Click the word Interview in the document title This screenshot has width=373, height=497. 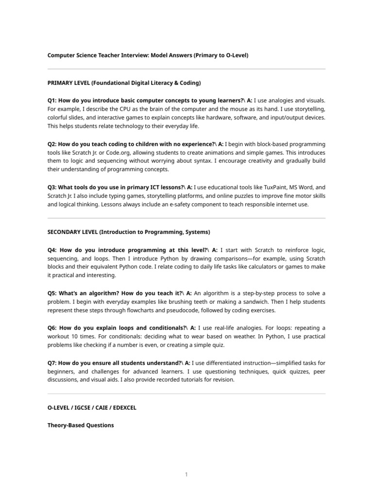click(124, 55)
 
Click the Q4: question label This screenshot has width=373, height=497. click(53, 249)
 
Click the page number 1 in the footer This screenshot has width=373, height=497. click(186, 475)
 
